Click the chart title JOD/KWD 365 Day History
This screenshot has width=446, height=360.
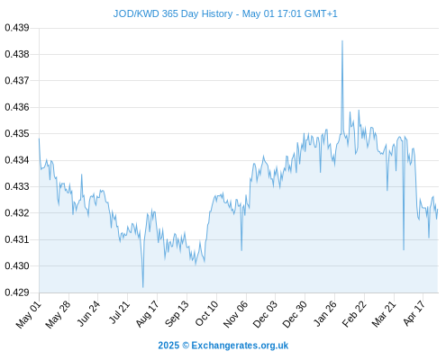click(x=173, y=13)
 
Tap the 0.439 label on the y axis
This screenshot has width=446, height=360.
click(x=17, y=28)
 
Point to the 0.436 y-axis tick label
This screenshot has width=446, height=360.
click(x=17, y=107)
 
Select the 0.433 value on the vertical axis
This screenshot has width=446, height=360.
click(x=17, y=186)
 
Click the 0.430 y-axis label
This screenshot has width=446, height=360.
click(x=17, y=265)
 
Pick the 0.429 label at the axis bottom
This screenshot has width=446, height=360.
click(x=17, y=292)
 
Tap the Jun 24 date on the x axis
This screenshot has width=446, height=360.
click(x=87, y=313)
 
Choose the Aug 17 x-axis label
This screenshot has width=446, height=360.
click(x=147, y=314)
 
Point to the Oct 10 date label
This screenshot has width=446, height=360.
click(x=206, y=314)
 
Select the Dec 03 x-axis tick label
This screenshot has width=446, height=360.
click(x=265, y=314)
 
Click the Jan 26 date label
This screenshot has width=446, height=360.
click(x=324, y=314)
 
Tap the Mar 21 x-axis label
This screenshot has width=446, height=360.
click(x=384, y=314)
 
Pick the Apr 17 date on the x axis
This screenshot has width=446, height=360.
click(x=414, y=313)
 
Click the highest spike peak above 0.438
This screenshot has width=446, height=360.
click(x=342, y=41)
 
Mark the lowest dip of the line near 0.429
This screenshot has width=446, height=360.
click(x=143, y=287)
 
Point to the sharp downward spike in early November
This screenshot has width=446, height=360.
click(x=241, y=250)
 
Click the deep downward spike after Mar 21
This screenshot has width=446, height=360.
click(x=404, y=249)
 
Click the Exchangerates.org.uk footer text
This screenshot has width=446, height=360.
click(x=240, y=346)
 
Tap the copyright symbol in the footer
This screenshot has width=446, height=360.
click(x=186, y=346)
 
